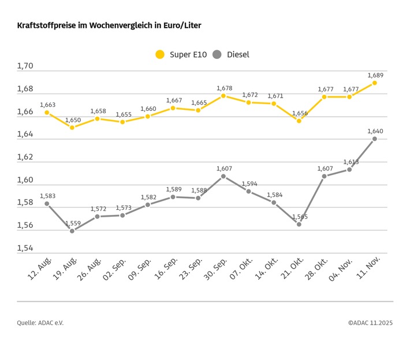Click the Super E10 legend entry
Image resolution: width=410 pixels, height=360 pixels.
click(180, 54)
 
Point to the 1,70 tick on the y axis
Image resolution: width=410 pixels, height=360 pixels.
click(25, 66)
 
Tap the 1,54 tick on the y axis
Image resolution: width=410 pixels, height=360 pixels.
click(25, 248)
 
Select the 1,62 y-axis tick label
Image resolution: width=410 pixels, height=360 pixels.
click(25, 157)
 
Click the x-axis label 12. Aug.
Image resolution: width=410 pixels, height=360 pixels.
click(38, 269)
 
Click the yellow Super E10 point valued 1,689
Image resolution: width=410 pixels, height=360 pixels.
click(375, 83)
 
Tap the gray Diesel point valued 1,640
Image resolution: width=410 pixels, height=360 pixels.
click(375, 139)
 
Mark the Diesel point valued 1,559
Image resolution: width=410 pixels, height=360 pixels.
click(72, 231)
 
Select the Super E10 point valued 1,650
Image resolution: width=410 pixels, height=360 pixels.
click(72, 127)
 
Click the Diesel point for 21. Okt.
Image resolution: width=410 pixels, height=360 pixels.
click(299, 224)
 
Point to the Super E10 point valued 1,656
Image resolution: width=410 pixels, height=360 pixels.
click(299, 121)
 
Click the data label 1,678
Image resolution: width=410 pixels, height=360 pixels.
click(224, 88)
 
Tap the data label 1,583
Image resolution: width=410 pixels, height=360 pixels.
click(48, 196)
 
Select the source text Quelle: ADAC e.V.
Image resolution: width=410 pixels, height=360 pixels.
click(40, 323)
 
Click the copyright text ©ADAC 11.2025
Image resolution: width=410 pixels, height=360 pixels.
click(370, 323)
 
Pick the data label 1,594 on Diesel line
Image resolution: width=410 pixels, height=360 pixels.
click(250, 184)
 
